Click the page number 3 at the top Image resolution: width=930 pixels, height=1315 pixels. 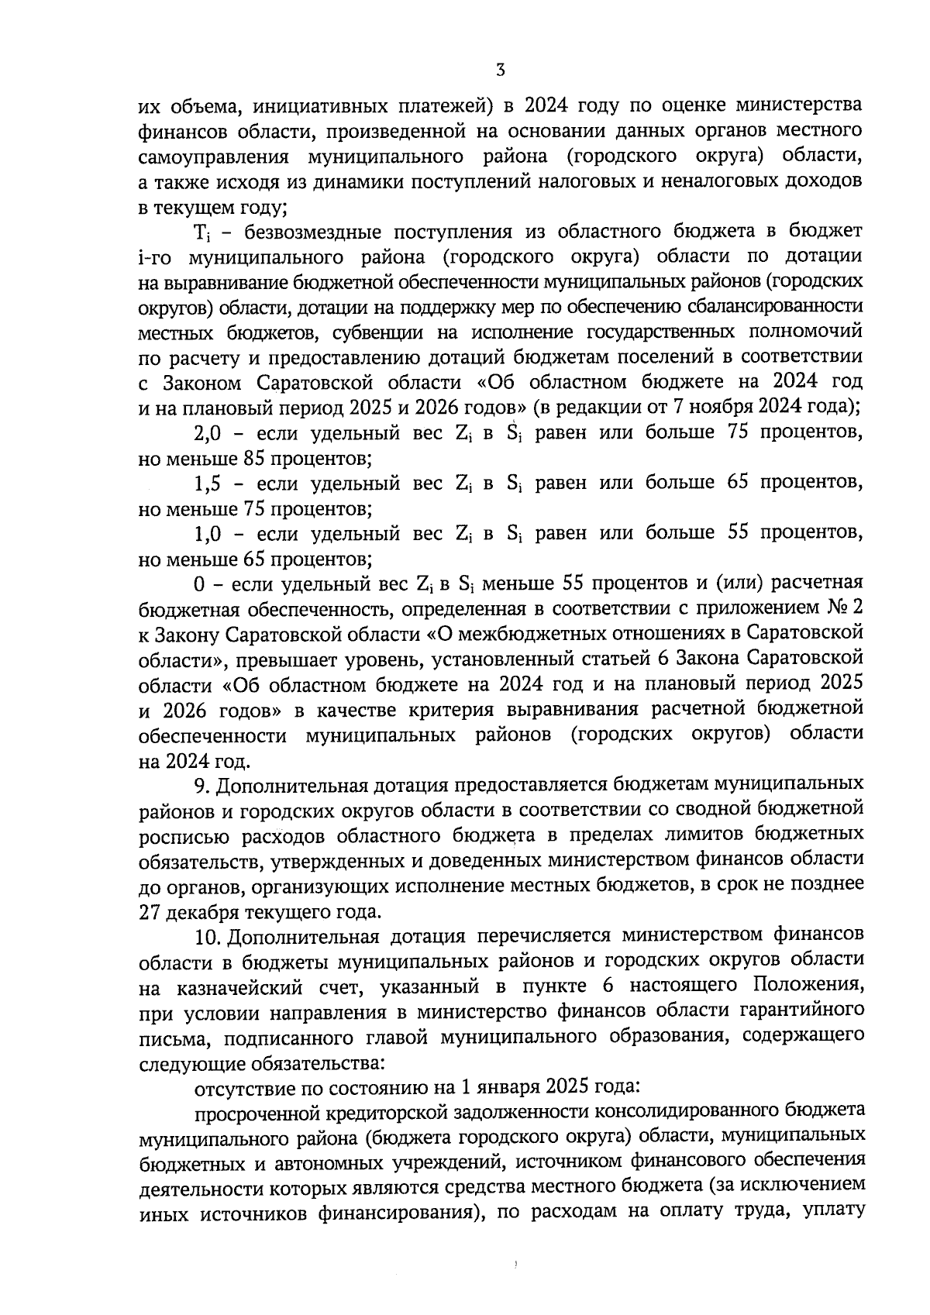(x=500, y=70)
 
